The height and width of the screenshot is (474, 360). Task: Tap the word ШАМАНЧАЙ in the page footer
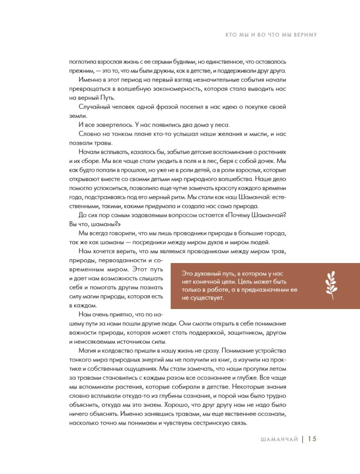(280, 439)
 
